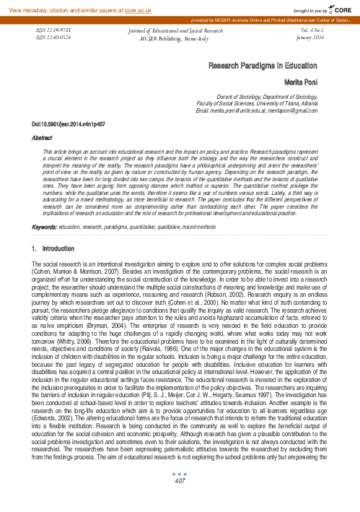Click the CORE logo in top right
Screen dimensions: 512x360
tap(339, 6)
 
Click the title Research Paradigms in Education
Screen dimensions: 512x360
tap(269, 65)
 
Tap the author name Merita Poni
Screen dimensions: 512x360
tap(315, 82)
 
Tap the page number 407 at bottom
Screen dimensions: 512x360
tap(180, 500)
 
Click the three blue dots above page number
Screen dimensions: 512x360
tap(180, 493)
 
